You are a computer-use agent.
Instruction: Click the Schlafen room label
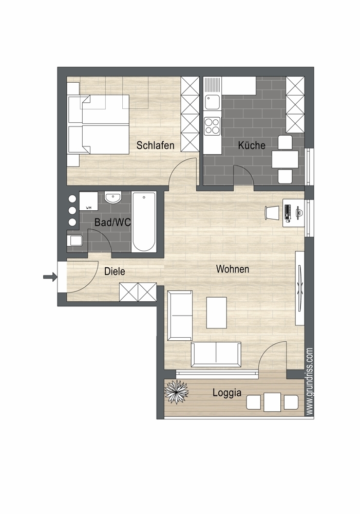155,145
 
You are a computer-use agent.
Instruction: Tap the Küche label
252,145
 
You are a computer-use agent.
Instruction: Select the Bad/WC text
112,222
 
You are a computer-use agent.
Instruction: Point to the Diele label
115,271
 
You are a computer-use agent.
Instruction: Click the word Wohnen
233,269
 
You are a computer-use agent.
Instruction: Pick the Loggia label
227,393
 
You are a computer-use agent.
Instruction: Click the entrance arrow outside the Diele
50,277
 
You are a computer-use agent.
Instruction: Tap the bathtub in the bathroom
143,222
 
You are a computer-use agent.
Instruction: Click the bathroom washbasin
113,198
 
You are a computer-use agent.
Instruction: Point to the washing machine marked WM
88,201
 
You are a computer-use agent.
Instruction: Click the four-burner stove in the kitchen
212,126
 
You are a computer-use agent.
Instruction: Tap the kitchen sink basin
212,101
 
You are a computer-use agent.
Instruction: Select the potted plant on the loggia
176,391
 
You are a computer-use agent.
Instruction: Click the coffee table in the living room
217,313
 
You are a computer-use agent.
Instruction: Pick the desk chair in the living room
271,212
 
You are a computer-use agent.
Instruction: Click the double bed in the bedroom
98,124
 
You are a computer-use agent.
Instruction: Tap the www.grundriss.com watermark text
309,381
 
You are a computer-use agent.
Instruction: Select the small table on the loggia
273,402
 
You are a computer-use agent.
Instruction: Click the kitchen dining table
285,159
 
